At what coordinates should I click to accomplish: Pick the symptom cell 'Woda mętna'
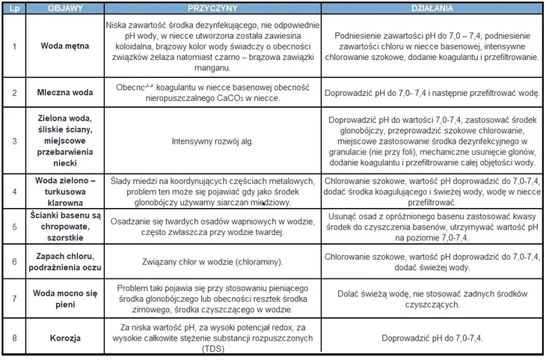pyautogui.click(x=65, y=46)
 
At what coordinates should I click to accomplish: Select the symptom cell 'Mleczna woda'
pyautogui.click(x=65, y=93)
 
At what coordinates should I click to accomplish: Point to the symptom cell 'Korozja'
pyautogui.click(x=65, y=338)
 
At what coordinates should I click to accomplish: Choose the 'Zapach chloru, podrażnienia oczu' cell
pyautogui.click(x=65, y=261)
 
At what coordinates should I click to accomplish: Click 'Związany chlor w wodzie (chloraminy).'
pyautogui.click(x=214, y=262)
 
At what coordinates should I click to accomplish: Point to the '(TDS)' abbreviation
pyautogui.click(x=214, y=348)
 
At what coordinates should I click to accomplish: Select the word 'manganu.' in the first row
pyautogui.click(x=214, y=67)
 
